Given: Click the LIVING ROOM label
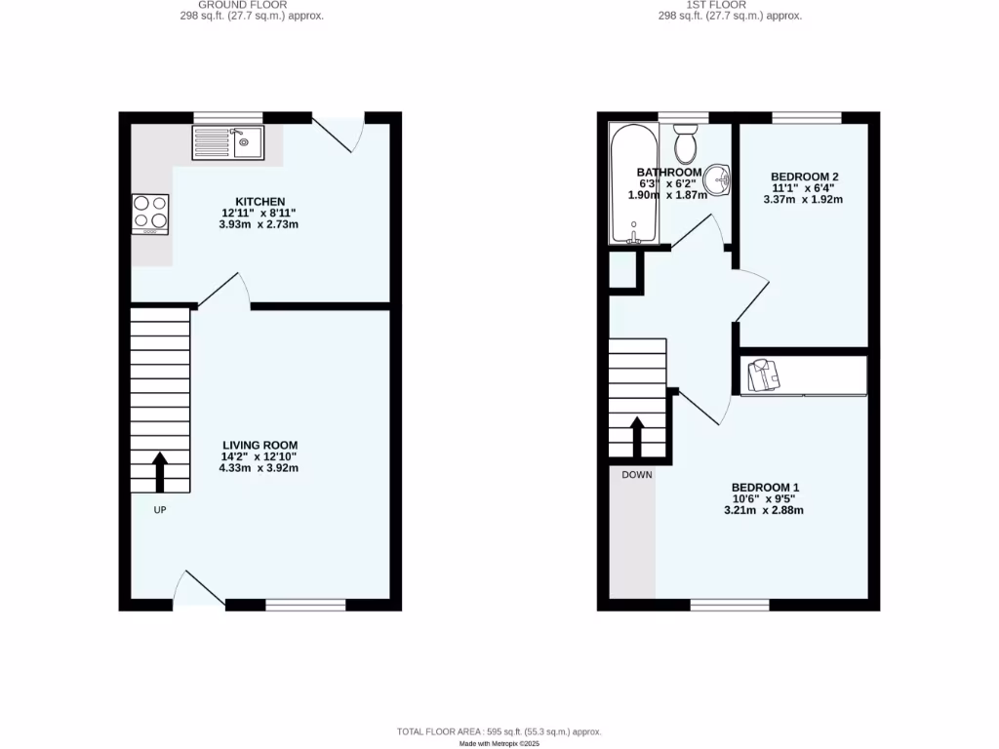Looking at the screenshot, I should (x=259, y=445).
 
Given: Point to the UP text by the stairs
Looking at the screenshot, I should (x=159, y=509).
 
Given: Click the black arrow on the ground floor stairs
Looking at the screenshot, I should (x=159, y=472).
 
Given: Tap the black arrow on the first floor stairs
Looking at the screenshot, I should (x=637, y=437).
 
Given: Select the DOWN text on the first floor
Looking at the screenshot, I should (x=637, y=475).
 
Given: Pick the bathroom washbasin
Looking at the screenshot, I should (x=720, y=179).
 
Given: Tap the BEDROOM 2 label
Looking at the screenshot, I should (x=804, y=177).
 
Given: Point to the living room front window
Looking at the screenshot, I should (x=305, y=605).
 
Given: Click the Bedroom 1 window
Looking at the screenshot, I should (x=729, y=605).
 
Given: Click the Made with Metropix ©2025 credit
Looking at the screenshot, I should (x=499, y=743).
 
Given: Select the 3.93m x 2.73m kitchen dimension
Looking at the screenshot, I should (x=259, y=224).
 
